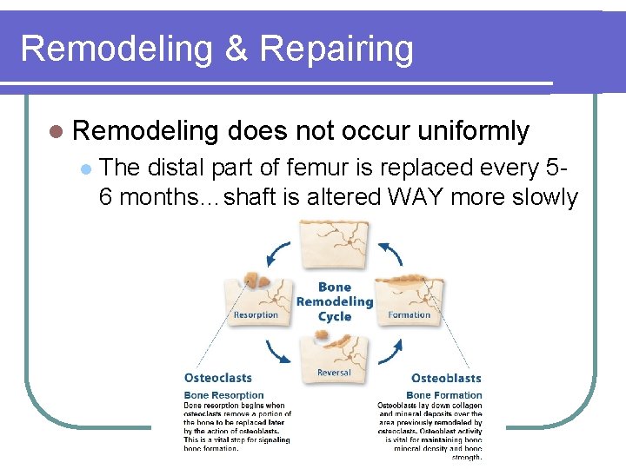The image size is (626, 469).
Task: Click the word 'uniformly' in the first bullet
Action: coord(473,131)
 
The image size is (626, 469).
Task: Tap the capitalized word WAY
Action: coord(421,197)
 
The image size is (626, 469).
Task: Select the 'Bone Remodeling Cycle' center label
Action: coord(335,301)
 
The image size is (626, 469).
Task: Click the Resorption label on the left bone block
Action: coord(256,315)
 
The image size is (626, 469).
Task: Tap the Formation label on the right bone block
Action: coord(410,315)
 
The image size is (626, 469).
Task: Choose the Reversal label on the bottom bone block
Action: coord(334,372)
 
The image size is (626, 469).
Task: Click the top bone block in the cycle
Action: coord(335,246)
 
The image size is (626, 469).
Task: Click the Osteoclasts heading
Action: coord(218,378)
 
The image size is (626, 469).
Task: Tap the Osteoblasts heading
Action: coord(446,378)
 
